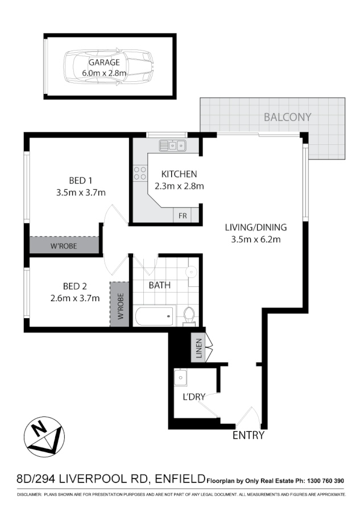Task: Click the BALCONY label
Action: click(x=288, y=117)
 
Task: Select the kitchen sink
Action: click(x=172, y=146)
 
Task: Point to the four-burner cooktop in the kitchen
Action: click(x=139, y=173)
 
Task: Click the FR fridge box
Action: click(x=183, y=216)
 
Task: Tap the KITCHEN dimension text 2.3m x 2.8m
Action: click(x=179, y=185)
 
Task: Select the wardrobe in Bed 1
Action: click(x=64, y=245)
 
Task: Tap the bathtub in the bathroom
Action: click(x=154, y=315)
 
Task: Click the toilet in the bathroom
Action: click(x=189, y=315)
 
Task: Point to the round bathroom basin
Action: click(x=191, y=271)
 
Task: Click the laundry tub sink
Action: click(x=181, y=377)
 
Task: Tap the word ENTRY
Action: click(x=249, y=436)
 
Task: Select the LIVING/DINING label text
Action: click(x=256, y=227)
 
